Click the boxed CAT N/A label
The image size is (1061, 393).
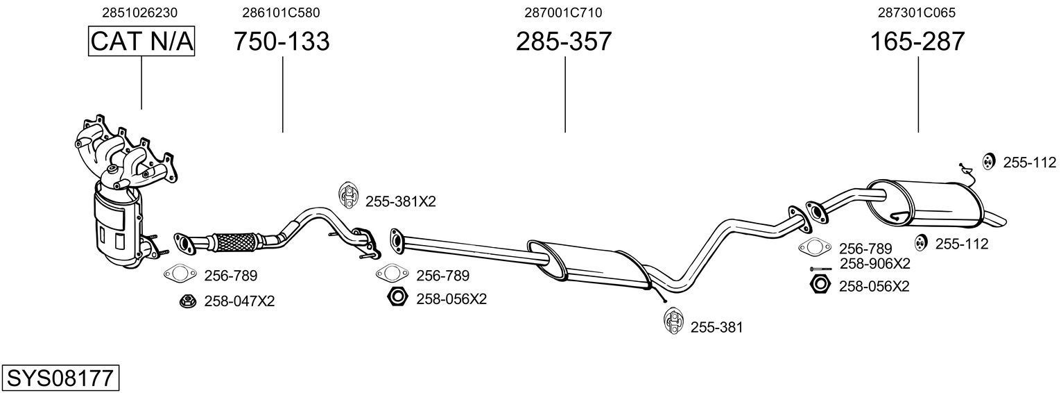pyautogui.click(x=141, y=42)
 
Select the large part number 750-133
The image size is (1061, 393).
pyautogui.click(x=282, y=42)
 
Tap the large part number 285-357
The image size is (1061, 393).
pyautogui.click(x=564, y=42)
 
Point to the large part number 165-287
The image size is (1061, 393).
pyautogui.click(x=917, y=42)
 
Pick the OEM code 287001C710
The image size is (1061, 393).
pyautogui.click(x=564, y=12)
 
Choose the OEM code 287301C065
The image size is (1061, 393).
pyautogui.click(x=917, y=12)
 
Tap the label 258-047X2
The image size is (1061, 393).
pyautogui.click(x=239, y=301)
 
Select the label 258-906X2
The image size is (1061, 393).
pyautogui.click(x=874, y=264)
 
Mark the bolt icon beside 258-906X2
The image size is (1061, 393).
pyautogui.click(x=820, y=269)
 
